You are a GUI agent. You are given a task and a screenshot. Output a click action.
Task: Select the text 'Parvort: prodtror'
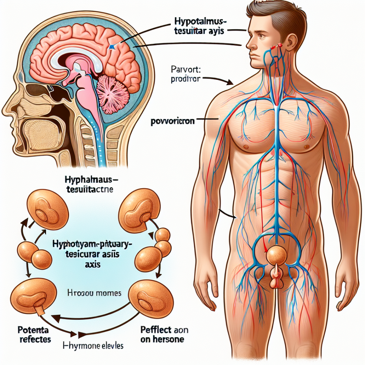[185, 74]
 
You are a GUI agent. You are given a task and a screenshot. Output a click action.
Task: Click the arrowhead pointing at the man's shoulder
[232, 82]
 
